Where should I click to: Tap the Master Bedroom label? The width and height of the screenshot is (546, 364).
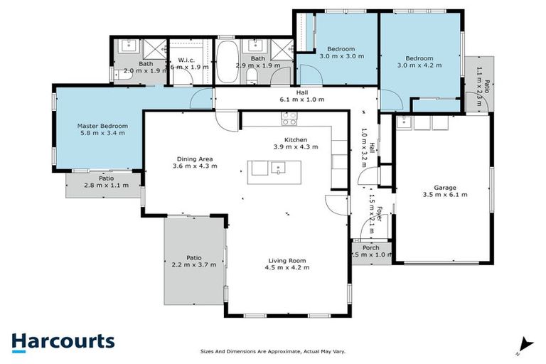click(101, 125)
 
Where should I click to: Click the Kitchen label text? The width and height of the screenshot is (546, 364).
click(295, 140)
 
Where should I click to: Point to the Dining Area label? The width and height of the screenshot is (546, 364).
click(194, 159)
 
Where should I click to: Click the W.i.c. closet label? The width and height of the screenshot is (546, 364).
click(186, 60)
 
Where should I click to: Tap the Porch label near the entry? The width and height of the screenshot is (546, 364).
click(370, 248)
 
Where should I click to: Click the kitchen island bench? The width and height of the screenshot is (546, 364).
click(274, 171)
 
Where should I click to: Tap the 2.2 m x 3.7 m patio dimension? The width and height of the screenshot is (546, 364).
click(193, 264)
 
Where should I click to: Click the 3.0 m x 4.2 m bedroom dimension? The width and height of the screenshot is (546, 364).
click(419, 65)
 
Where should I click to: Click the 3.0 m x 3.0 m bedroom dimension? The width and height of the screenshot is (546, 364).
click(337, 55)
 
